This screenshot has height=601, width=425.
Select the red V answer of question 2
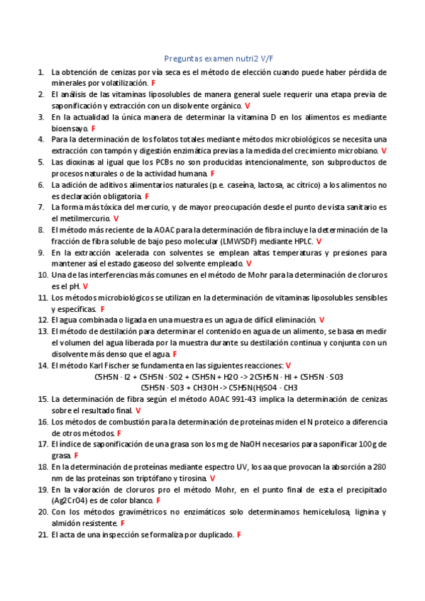247,105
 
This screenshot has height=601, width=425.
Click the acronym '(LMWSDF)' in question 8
241,241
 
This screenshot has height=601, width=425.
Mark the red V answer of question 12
322,320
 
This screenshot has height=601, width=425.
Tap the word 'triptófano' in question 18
145,478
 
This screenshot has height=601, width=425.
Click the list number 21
42,534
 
